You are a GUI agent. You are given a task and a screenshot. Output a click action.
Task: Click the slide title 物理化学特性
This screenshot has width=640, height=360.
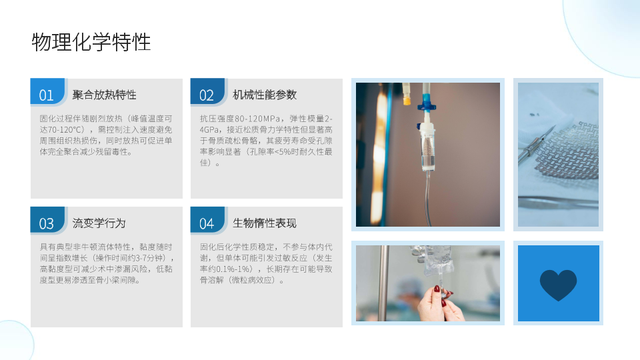91,42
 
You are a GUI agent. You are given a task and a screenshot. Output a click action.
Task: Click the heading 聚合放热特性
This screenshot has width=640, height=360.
105,95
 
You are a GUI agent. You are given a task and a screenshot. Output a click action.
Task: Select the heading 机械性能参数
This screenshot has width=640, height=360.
265,95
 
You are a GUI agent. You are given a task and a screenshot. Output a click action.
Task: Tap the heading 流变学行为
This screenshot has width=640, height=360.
99,223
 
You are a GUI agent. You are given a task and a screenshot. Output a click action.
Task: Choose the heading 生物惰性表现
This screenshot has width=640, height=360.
265,223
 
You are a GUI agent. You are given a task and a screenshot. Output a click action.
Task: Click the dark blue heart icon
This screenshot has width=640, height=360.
558,285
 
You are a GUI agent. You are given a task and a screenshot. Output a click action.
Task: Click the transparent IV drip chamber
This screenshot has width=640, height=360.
427,149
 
